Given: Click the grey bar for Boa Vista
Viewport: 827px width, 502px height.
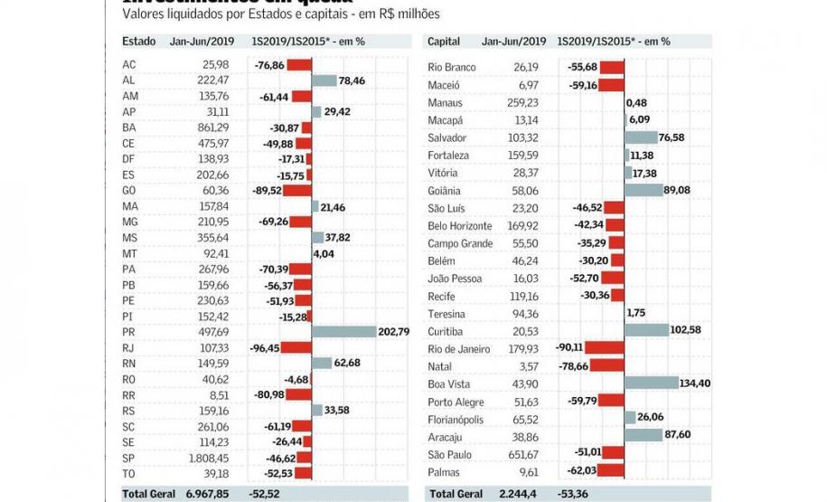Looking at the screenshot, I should coord(651,384).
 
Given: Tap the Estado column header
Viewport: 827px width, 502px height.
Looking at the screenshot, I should coord(139,42).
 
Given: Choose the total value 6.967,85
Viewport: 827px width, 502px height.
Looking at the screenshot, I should coord(207,493).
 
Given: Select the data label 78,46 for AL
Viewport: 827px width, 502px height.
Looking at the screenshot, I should coord(351,81).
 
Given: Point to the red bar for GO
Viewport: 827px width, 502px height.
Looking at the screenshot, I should coord(299,191).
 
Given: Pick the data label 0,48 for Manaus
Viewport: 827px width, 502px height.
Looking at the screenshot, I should coord(636,103).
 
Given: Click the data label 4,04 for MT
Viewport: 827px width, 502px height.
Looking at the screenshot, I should coord(324,253).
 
